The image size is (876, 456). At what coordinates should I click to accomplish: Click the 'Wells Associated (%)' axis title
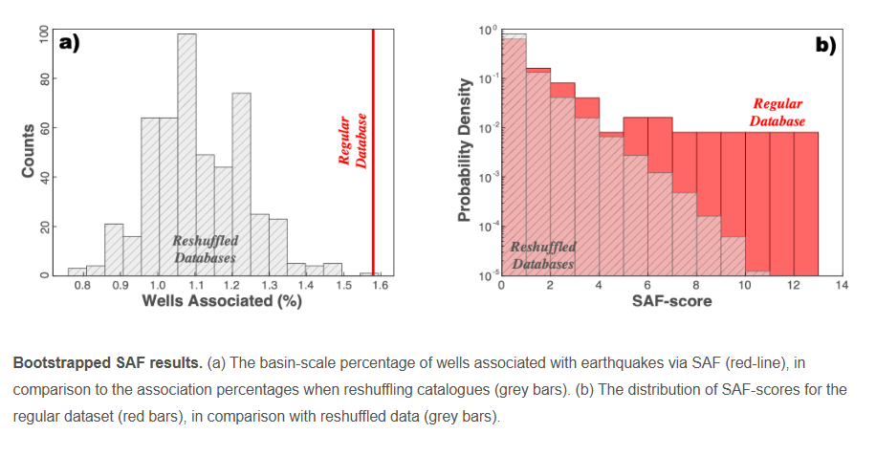point(222,301)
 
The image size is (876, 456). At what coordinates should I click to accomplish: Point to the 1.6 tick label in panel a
point(380,284)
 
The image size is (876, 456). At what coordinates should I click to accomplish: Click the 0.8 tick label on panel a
point(83,284)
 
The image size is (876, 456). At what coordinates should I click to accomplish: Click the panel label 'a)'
point(69,41)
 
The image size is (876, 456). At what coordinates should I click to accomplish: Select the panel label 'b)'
point(825,43)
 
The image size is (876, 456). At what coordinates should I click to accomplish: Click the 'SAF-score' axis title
point(671,302)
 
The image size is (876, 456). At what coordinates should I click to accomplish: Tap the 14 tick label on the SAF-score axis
point(842,285)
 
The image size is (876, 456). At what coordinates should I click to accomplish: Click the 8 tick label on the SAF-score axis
point(695,285)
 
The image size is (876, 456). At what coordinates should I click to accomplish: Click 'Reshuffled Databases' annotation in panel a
point(206,249)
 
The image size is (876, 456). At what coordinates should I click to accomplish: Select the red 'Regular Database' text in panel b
point(777,113)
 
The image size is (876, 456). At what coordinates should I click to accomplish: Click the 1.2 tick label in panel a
point(231,284)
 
